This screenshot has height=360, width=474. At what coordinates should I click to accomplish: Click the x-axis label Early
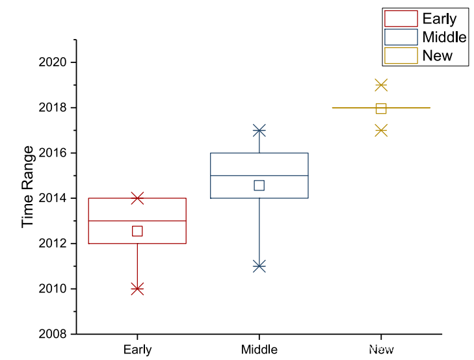(x=137, y=350)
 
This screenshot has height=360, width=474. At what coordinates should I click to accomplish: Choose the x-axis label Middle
(x=259, y=350)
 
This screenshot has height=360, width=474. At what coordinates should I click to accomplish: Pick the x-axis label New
(x=381, y=350)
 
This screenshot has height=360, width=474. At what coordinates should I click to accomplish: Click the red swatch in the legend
(x=401, y=18)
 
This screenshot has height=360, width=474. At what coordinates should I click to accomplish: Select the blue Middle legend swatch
(x=401, y=36)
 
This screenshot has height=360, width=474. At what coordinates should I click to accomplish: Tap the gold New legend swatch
(x=401, y=55)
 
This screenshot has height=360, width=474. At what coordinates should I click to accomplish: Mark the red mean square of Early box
(x=137, y=231)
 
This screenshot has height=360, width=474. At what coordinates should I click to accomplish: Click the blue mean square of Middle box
(x=259, y=185)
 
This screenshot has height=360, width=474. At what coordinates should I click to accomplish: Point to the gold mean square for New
(x=381, y=109)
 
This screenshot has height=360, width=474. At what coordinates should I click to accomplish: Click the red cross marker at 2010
(x=137, y=289)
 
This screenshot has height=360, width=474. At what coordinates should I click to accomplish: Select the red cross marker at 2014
(x=137, y=198)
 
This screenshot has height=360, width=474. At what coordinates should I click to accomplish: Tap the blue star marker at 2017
(x=259, y=131)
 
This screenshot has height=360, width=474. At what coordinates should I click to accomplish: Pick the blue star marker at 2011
(x=259, y=266)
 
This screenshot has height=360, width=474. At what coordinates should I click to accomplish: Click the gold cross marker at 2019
(x=381, y=85)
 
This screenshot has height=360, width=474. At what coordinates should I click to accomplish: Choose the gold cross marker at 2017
(x=381, y=131)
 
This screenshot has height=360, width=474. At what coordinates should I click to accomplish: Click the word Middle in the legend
(x=444, y=36)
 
